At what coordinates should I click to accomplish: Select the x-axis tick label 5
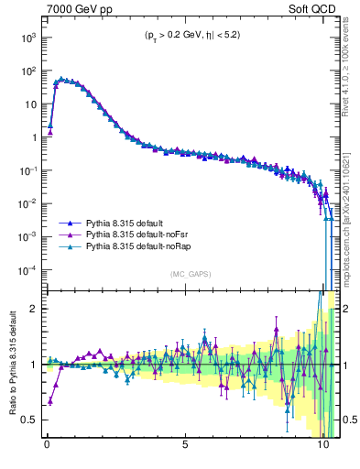pos(185,450)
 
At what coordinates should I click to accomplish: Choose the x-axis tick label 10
pos(322,450)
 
